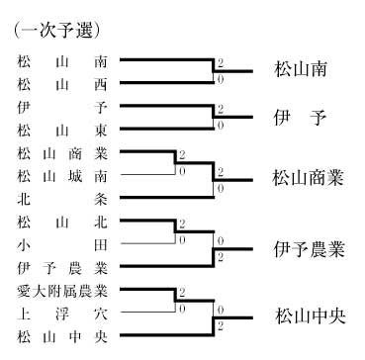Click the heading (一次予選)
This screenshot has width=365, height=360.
point(56,32)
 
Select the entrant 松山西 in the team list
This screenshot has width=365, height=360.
point(62,85)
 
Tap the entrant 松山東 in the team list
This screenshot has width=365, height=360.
point(62,131)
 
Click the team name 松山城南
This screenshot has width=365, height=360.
point(62,176)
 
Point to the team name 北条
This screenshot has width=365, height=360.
point(62,200)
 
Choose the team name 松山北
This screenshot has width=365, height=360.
point(62,223)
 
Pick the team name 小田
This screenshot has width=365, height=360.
point(62,245)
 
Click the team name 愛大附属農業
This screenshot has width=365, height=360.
point(62,291)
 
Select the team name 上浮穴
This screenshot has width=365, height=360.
point(62,315)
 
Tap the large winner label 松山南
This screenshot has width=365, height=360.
point(301,70)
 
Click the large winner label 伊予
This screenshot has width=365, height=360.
point(301,118)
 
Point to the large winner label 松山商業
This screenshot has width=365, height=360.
point(309,178)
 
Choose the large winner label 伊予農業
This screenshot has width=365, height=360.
point(309,250)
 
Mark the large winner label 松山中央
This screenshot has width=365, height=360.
point(310,316)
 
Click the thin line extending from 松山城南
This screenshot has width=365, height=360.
point(147,174)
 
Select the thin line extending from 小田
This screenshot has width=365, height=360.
point(147,243)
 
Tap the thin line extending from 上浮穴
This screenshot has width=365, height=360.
point(147,312)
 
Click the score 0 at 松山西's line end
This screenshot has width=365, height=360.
point(221,79)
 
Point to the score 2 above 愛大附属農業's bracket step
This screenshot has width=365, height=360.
point(182,293)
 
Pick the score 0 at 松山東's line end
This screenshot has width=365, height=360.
point(221,126)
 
